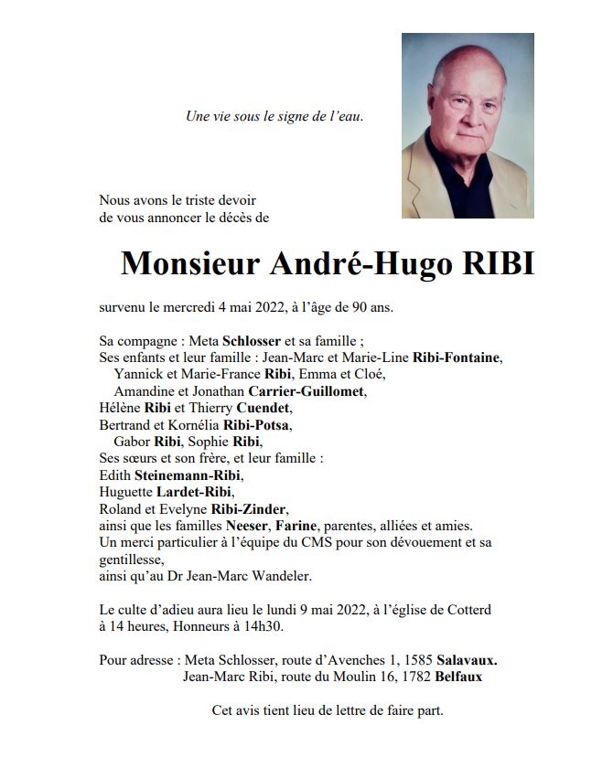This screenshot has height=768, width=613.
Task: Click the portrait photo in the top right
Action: [468, 126]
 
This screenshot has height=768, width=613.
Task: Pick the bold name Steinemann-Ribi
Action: [189, 475]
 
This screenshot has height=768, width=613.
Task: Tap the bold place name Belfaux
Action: [458, 677]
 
